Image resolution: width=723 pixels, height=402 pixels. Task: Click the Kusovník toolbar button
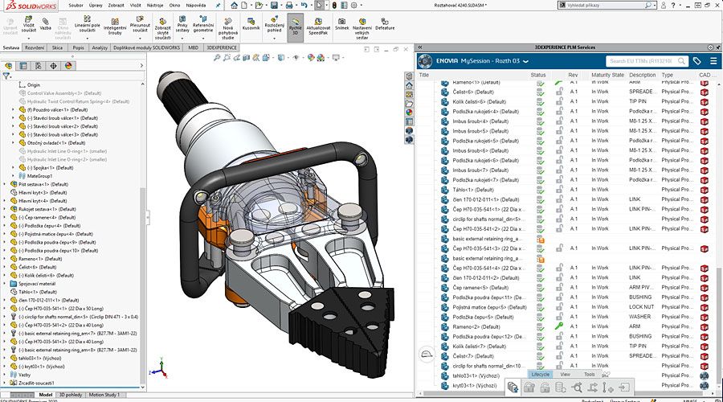[251, 23]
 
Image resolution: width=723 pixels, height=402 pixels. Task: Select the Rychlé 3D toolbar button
[296, 23]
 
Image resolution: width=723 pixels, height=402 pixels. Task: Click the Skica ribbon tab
[58, 47]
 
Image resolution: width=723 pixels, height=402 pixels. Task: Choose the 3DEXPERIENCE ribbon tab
[222, 47]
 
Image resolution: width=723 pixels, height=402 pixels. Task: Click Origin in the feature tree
[33, 84]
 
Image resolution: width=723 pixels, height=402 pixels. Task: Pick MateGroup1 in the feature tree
[40, 176]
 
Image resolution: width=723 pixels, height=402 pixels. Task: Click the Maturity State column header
[607, 75]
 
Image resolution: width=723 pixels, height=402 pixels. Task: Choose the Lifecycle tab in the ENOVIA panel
[540, 375]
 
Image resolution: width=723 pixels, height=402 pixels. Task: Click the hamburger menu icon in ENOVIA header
[713, 61]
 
